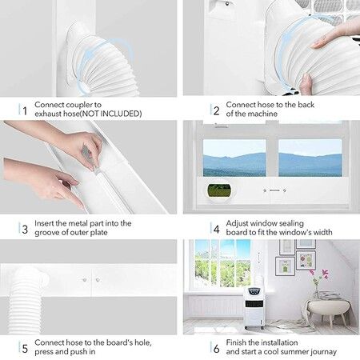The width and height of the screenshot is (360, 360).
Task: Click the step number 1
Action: pyautogui.click(x=25, y=109)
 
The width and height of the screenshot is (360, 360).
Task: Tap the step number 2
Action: pyautogui.click(x=216, y=109)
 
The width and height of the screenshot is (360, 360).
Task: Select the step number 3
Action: pyautogui.click(x=25, y=229)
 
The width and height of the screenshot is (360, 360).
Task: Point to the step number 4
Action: pyautogui.click(x=216, y=229)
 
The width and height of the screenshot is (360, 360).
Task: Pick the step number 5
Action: pyautogui.click(x=25, y=348)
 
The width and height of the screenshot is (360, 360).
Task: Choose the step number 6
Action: pyautogui.click(x=216, y=348)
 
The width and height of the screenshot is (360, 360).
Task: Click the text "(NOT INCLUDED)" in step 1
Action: pyautogui.click(x=113, y=114)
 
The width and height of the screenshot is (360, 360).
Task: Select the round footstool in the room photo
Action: pyautogui.click(x=327, y=309)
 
